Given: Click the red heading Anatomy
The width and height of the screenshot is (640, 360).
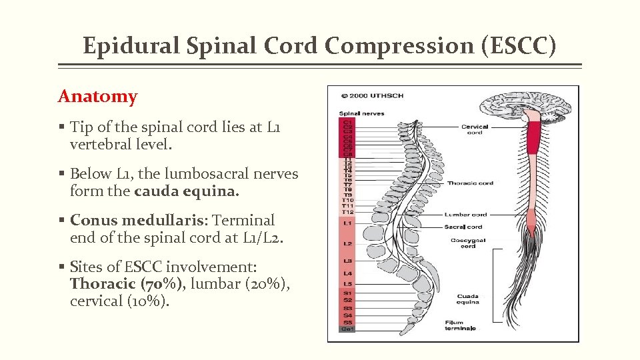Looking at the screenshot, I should pyautogui.click(x=97, y=97).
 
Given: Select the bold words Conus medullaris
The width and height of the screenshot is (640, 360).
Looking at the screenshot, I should pyautogui.click(x=138, y=220).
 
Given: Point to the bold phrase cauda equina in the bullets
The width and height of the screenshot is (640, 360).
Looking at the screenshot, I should pyautogui.click(x=185, y=191).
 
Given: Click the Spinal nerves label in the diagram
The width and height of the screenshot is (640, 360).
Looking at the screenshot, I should pyautogui.click(x=362, y=114).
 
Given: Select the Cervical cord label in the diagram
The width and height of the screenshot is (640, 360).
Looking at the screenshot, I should pyautogui.click(x=475, y=129).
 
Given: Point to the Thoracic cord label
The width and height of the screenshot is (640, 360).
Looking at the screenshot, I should pyautogui.click(x=470, y=183).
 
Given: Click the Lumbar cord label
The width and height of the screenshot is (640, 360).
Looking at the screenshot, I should pyautogui.click(x=466, y=215).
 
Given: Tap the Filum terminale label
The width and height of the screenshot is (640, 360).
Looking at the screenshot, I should pyautogui.click(x=460, y=325).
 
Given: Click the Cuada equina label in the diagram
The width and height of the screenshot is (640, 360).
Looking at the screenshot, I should pyautogui.click(x=467, y=299).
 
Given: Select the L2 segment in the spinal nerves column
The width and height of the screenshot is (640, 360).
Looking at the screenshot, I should pyautogui.click(x=347, y=244).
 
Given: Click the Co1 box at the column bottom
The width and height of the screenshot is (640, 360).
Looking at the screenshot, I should pyautogui.click(x=347, y=329).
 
